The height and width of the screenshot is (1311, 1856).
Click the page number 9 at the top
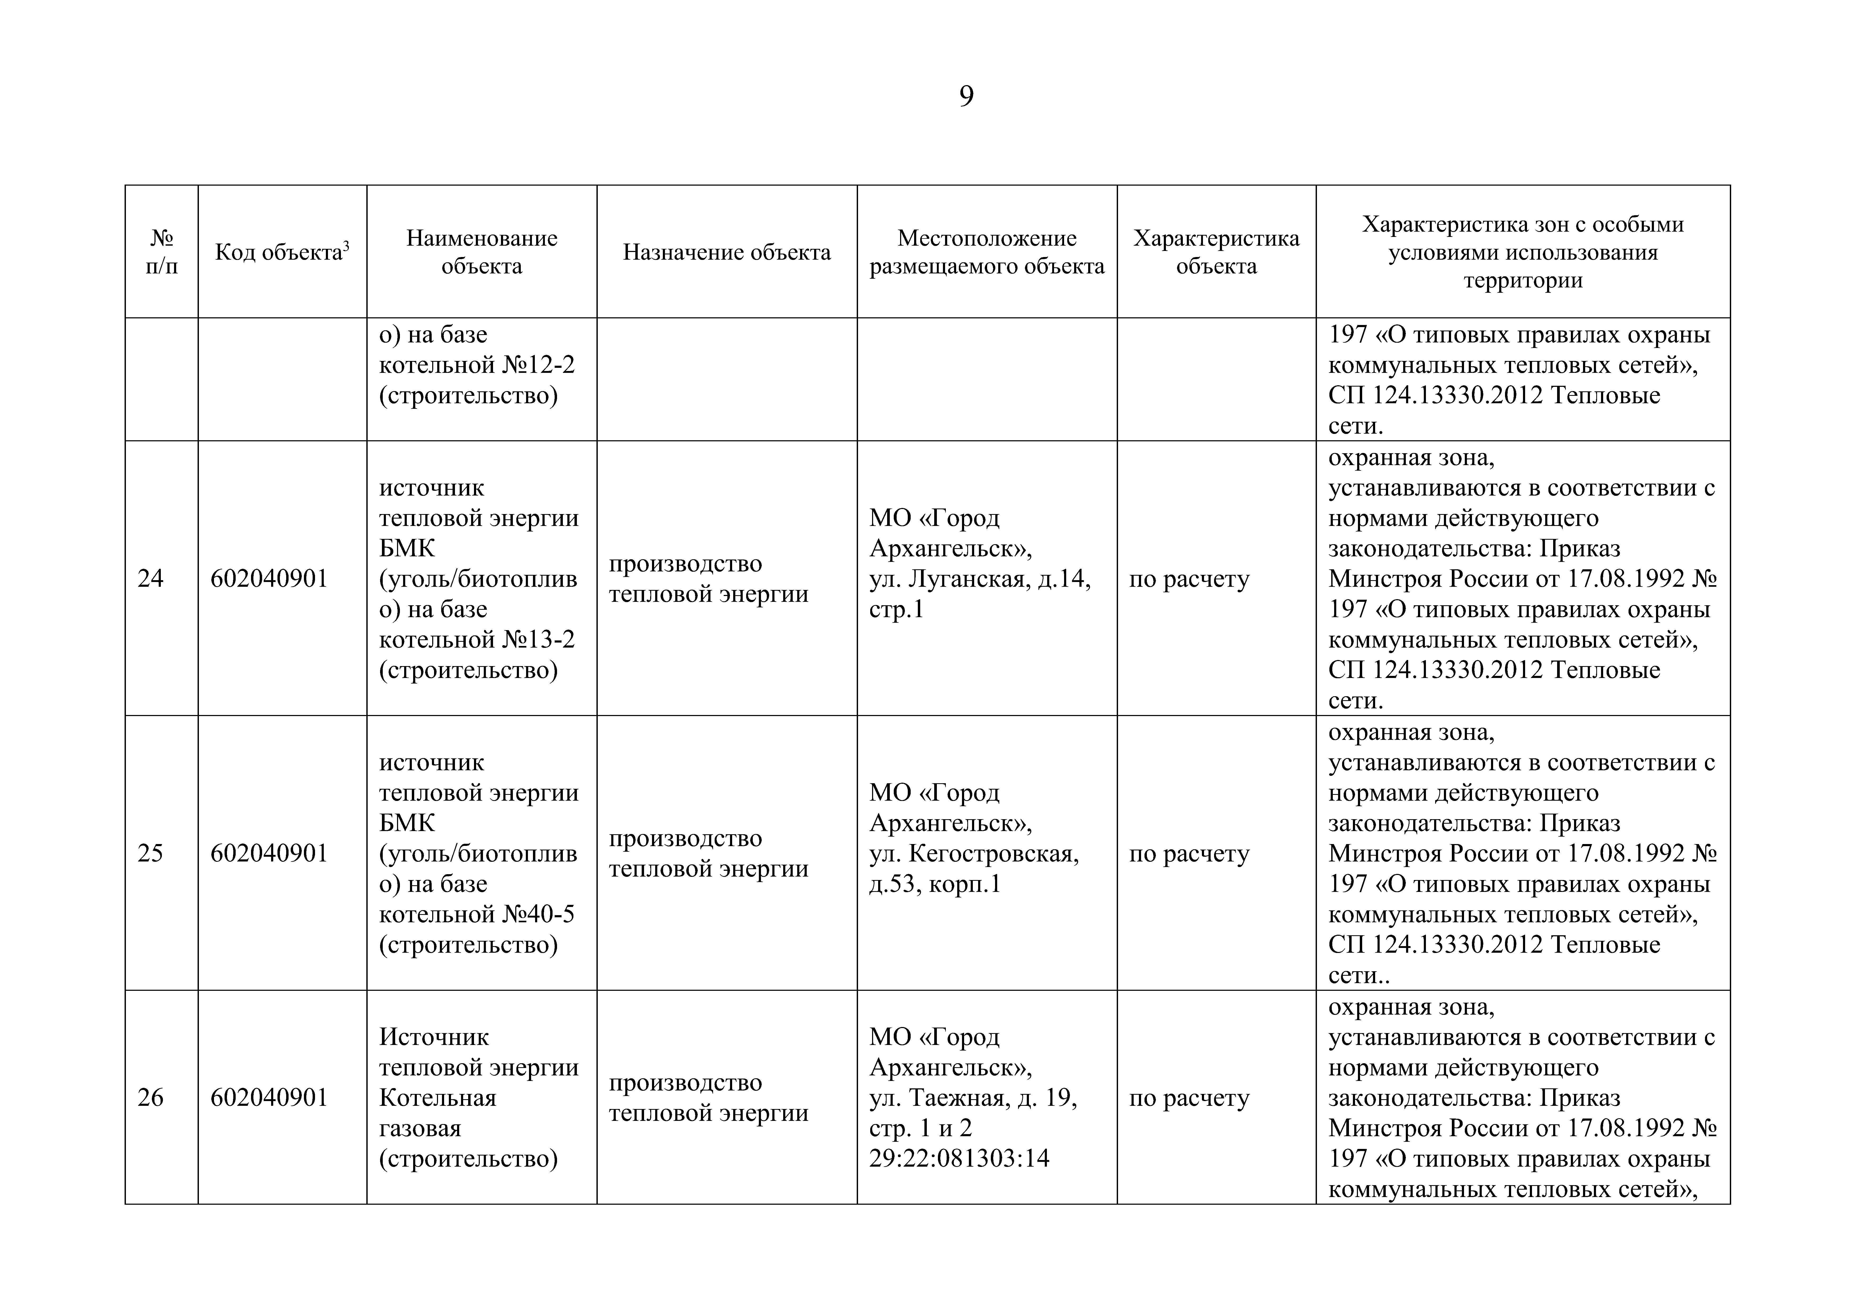click(966, 97)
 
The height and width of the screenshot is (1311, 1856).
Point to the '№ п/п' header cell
click(162, 252)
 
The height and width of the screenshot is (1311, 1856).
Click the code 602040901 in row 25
click(269, 854)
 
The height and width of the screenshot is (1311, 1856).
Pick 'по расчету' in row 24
click(1189, 579)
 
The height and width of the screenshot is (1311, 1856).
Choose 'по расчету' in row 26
click(1189, 1098)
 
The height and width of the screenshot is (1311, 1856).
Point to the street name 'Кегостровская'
click(994, 854)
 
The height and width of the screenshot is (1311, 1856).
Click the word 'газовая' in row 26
click(420, 1128)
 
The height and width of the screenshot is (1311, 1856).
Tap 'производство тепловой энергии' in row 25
click(708, 854)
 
